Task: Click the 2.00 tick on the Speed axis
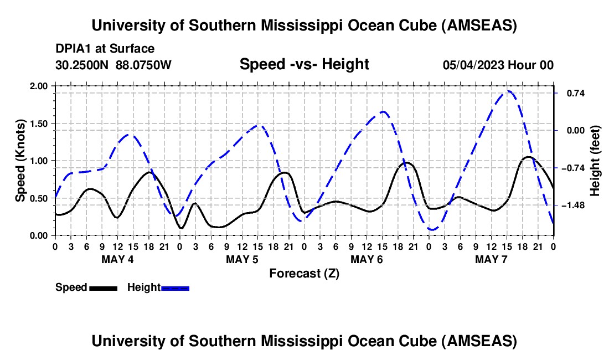tap(39, 86)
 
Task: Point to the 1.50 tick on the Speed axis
tap(39, 124)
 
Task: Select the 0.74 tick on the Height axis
tap(576, 93)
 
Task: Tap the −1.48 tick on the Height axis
tap(573, 205)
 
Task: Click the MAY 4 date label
tap(117, 259)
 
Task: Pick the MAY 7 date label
tap(491, 259)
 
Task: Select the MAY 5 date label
tap(242, 259)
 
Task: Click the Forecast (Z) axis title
tap(304, 274)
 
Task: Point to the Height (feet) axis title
tap(595, 161)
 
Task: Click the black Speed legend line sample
tap(104, 288)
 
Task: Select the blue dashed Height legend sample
tap(175, 288)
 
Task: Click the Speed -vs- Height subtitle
tap(304, 64)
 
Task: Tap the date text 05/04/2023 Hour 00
tap(498, 65)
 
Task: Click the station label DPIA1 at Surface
tap(105, 49)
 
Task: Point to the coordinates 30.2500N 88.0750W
tap(113, 65)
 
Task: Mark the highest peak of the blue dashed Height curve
tap(508, 91)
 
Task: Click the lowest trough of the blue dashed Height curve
tap(432, 229)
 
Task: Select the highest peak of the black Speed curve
tap(528, 157)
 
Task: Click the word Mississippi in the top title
tap(301, 25)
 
